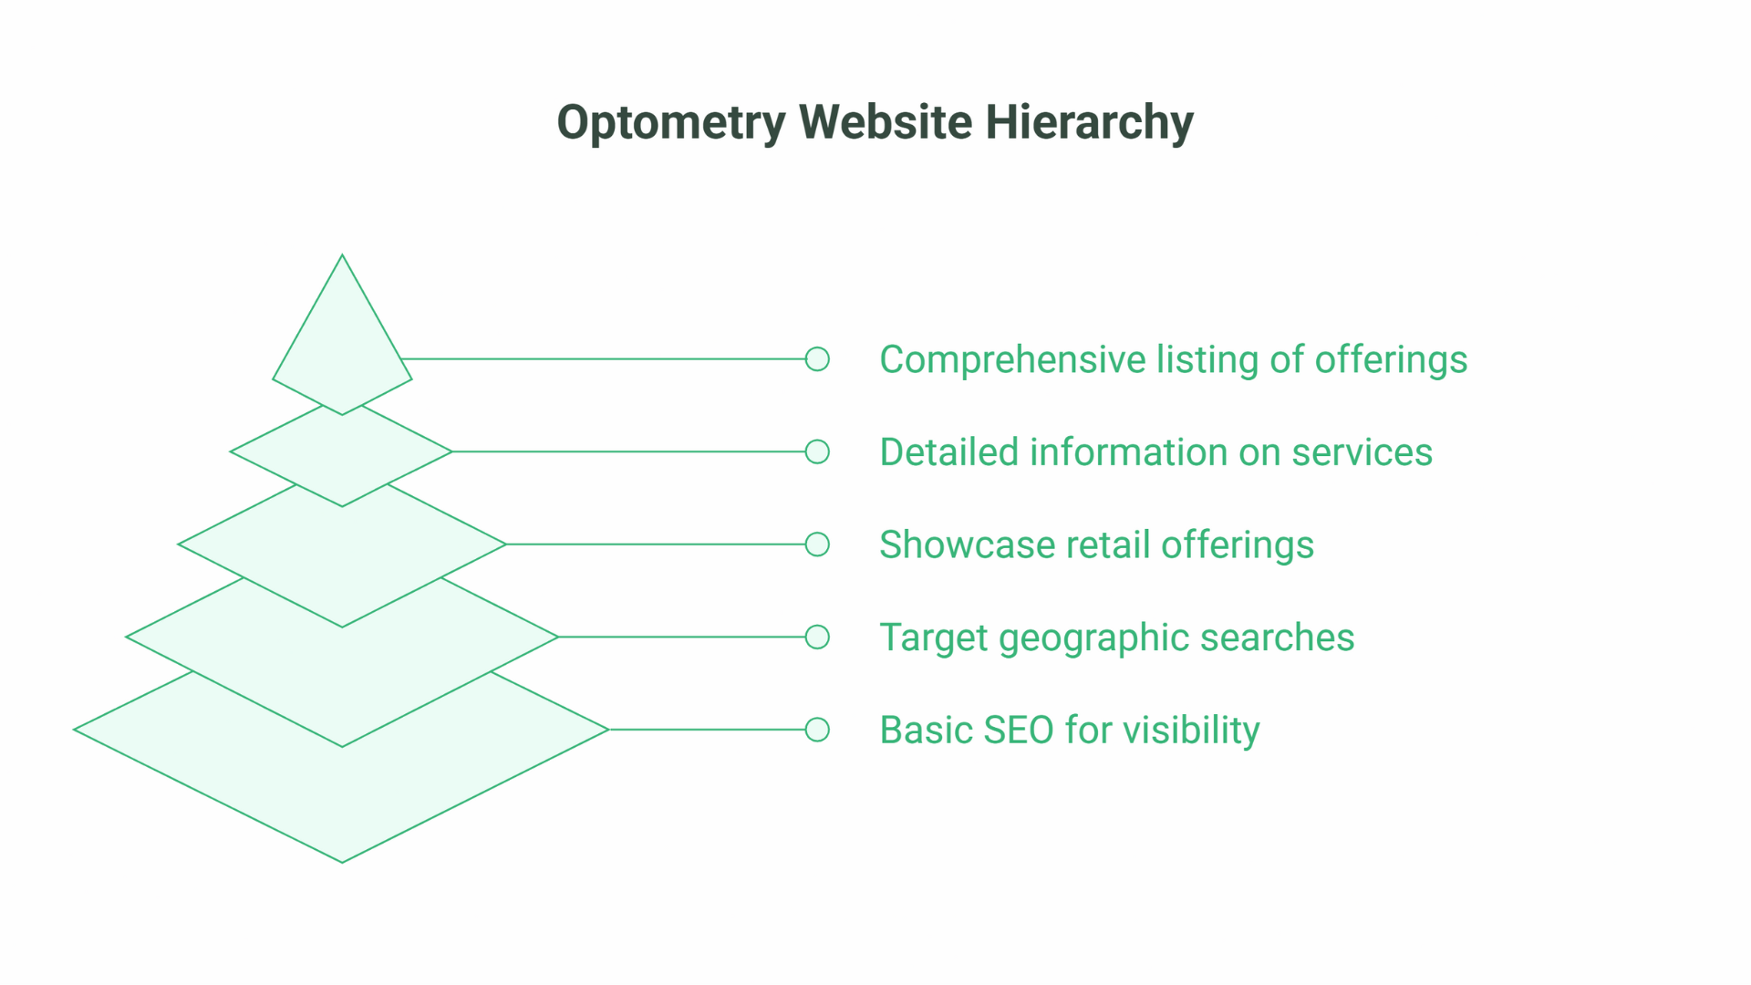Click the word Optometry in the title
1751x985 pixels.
coord(670,122)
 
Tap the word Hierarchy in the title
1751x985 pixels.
coord(1089,122)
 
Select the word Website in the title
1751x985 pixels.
coord(886,122)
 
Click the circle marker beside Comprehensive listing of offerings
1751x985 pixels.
coord(817,359)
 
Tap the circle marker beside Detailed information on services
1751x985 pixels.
coord(817,451)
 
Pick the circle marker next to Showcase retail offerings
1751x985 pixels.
coord(817,544)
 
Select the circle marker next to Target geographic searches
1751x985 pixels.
coord(817,637)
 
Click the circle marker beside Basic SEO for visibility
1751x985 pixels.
coord(817,730)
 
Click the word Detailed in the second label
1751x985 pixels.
coord(948,452)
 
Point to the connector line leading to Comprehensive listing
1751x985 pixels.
coord(602,359)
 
